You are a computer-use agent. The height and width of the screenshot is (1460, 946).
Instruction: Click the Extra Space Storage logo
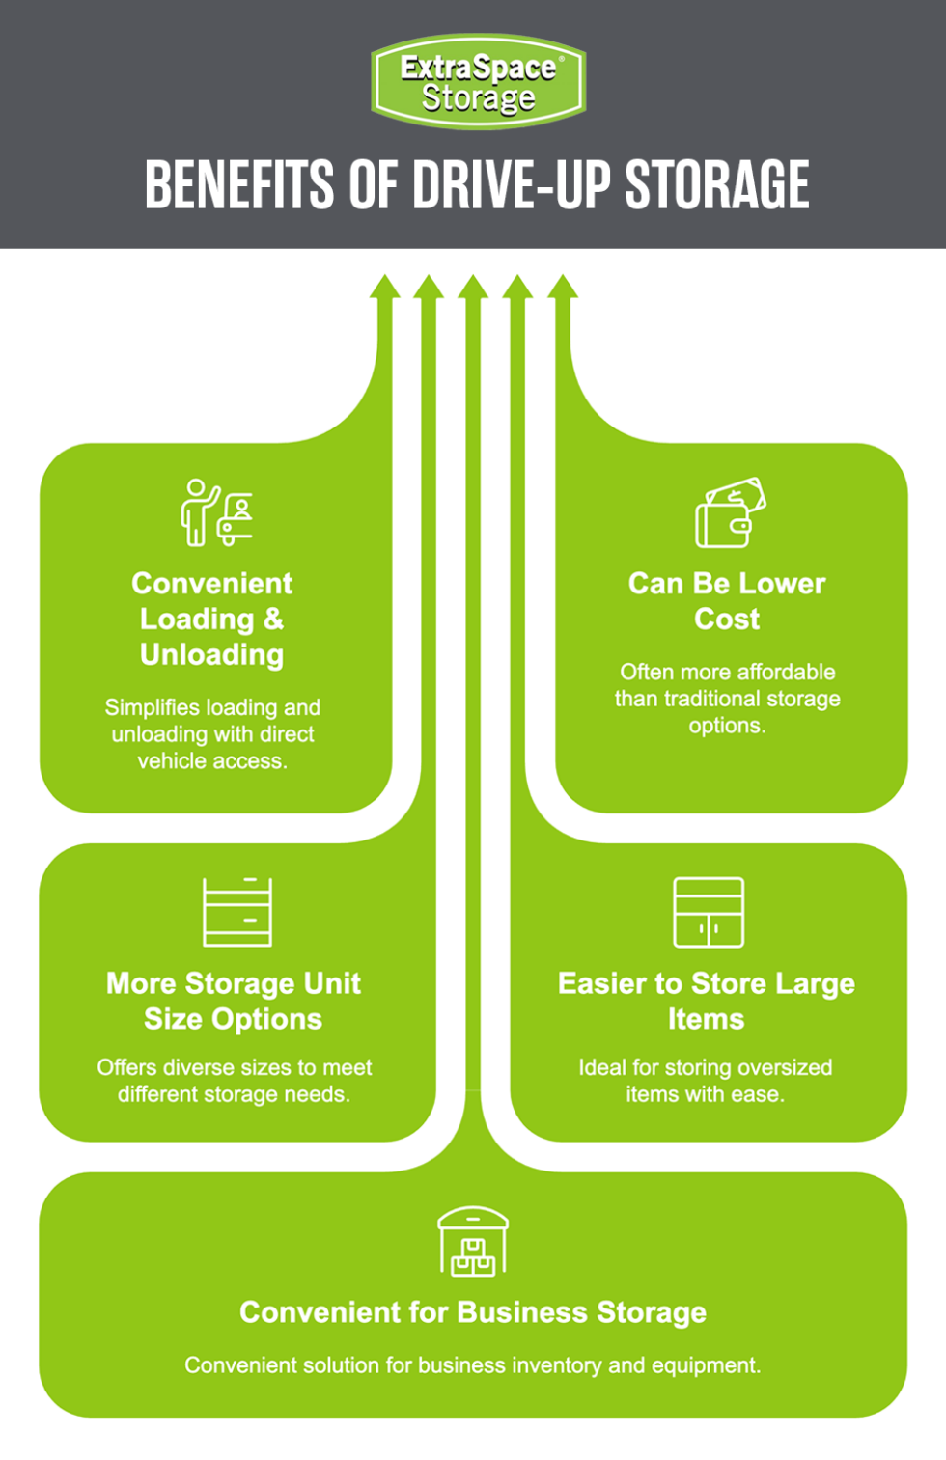[x=478, y=82]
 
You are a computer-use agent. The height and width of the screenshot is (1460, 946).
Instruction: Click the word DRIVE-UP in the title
[x=513, y=184]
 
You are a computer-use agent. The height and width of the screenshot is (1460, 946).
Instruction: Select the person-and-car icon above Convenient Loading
[x=217, y=512]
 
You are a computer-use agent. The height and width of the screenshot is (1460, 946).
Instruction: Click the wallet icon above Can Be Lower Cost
[x=730, y=512]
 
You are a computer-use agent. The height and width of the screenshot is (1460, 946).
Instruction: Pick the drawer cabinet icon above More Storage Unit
[x=237, y=912]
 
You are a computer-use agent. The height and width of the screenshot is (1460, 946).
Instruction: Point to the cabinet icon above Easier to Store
[x=709, y=912]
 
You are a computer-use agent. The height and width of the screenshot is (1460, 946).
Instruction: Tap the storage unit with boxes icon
[x=473, y=1242]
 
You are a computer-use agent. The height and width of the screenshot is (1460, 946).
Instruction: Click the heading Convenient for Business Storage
[x=473, y=1312]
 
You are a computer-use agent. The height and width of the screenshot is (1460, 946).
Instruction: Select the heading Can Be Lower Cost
[x=727, y=600]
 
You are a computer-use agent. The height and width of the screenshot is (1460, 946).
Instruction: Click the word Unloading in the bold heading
[x=212, y=654]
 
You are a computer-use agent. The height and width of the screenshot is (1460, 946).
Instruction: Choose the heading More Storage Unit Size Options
[x=234, y=1001]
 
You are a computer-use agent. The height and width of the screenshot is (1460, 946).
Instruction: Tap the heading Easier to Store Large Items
[x=707, y=1001]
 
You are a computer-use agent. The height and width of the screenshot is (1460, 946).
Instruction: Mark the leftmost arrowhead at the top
[x=384, y=286]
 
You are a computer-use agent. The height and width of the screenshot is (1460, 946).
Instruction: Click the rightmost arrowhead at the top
[x=563, y=286]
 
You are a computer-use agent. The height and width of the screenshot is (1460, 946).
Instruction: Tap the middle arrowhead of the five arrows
[x=473, y=286]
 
